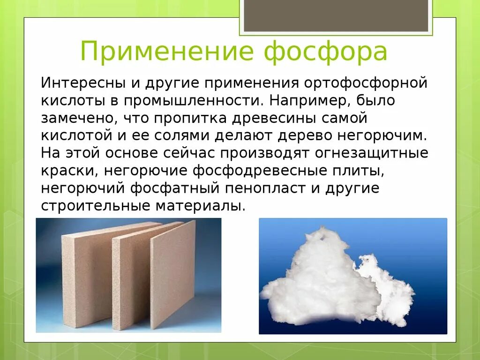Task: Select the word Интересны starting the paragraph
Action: (x=82, y=83)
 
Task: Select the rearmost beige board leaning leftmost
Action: (x=87, y=277)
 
